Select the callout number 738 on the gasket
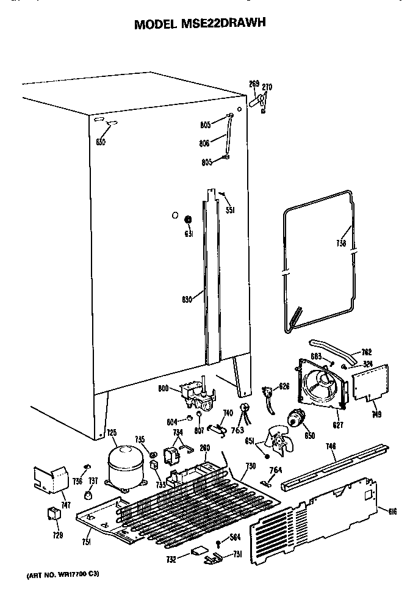click(340, 244)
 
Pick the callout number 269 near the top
click(254, 84)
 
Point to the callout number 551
click(229, 211)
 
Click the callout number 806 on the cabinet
click(204, 143)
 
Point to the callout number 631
click(189, 234)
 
